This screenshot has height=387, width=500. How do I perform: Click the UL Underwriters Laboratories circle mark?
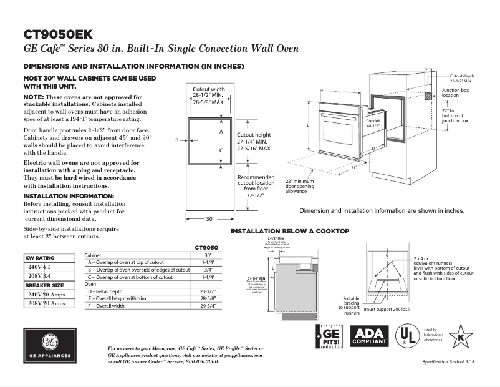coord(408,337)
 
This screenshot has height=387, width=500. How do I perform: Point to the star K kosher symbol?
coord(461,336)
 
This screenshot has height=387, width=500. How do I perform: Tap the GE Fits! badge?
coord(329,337)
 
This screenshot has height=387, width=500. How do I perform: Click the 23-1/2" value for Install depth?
coord(208,291)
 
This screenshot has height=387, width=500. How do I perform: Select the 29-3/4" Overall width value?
coord(208,306)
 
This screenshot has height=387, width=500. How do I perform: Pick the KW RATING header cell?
coord(40,258)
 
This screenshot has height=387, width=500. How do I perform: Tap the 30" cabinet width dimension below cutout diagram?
coord(210,219)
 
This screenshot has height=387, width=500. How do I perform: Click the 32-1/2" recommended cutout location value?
coord(256,195)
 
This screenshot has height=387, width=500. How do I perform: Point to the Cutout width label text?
coord(209,89)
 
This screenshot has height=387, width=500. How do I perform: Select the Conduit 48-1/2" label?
coord(373,123)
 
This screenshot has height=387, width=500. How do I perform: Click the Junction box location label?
coord(454,92)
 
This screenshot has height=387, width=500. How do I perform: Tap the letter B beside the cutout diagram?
coord(177,140)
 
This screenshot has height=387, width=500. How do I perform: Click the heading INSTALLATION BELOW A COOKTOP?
coord(290,232)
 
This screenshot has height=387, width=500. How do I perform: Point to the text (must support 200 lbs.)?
coord(387,310)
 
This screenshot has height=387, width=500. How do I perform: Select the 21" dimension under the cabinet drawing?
coord(353,167)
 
